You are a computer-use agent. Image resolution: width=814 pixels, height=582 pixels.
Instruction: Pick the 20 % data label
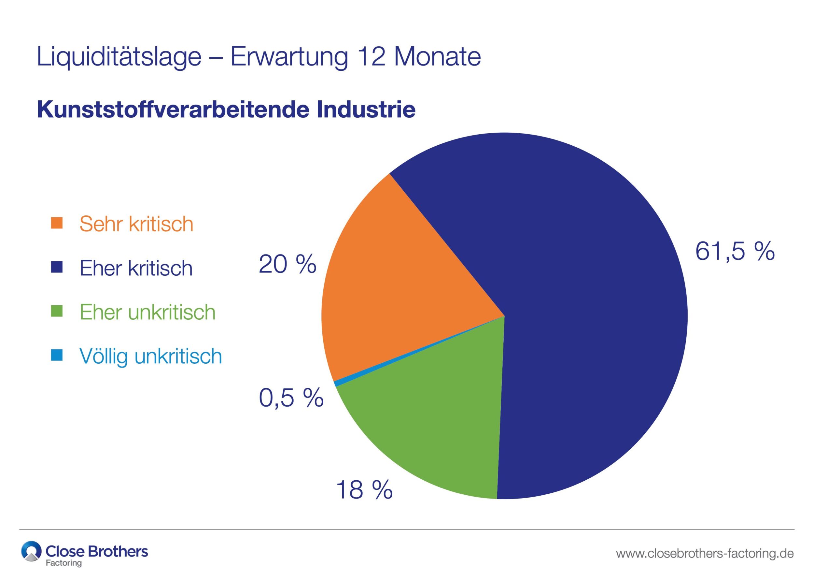coord(287,265)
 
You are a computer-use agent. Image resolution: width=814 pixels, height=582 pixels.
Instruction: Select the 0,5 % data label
coord(291,398)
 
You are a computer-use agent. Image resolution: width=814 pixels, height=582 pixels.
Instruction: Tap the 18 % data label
coord(364,490)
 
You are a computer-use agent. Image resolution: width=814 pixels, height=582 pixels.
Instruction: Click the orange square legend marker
coord(57,223)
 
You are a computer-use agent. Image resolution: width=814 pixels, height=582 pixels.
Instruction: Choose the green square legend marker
coord(57,311)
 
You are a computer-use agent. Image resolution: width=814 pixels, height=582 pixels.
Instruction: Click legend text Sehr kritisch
coord(136,224)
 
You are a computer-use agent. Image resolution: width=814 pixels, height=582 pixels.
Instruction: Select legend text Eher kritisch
coord(136,268)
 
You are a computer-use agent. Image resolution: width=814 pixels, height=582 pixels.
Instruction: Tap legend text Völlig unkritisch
coord(150,356)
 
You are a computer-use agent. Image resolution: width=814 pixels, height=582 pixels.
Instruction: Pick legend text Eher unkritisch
coord(147,312)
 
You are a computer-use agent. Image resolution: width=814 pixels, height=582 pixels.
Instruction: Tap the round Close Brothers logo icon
coord(31,551)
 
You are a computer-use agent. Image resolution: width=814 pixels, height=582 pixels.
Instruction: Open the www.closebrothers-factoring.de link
coord(704,553)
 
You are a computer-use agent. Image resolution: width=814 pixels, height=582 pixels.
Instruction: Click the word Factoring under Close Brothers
coord(64,563)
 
